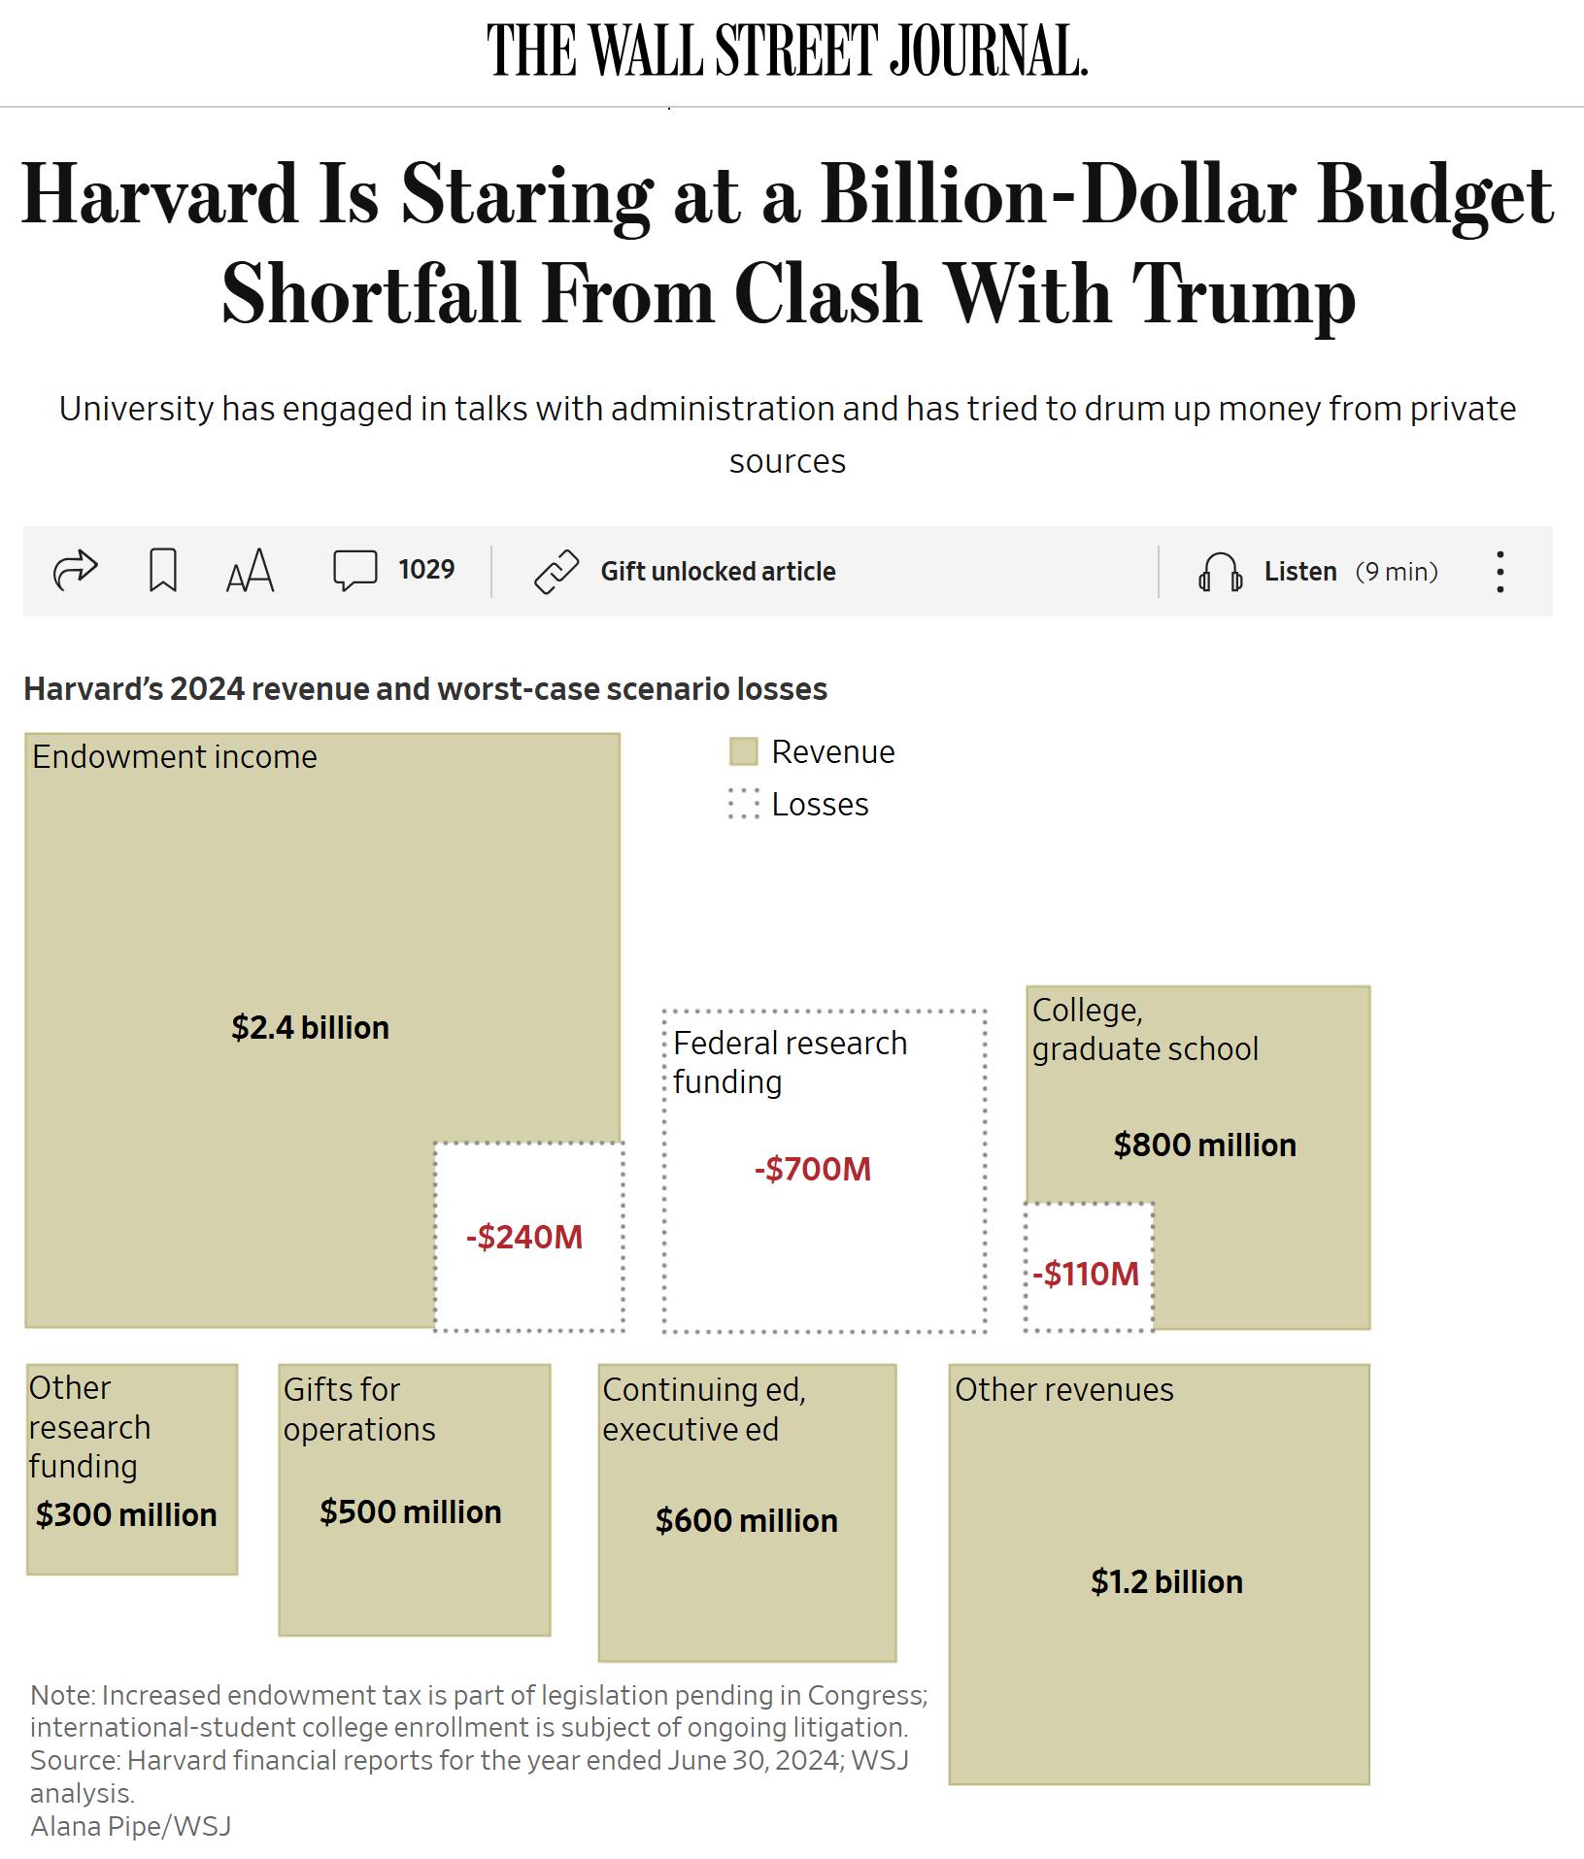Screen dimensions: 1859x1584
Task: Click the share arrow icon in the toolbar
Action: click(x=75, y=570)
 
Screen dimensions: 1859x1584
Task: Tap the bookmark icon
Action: click(x=162, y=570)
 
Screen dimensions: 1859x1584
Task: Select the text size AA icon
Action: click(x=250, y=571)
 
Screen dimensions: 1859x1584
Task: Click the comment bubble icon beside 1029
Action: click(x=354, y=570)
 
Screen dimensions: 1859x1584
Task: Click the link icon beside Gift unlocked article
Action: click(x=556, y=571)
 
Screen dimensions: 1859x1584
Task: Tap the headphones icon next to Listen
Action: click(x=1220, y=572)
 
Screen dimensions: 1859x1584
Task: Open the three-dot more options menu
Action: click(x=1500, y=572)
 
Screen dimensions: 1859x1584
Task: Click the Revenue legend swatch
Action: click(x=743, y=751)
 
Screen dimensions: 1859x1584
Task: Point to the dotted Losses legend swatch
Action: click(x=743, y=804)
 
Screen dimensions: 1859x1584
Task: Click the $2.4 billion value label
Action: click(x=310, y=1027)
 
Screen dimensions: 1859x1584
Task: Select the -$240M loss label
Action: click(x=524, y=1237)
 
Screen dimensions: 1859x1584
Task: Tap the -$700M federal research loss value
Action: click(x=813, y=1169)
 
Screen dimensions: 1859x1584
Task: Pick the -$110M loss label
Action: click(x=1086, y=1274)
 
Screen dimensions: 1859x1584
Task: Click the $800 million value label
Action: click(x=1204, y=1145)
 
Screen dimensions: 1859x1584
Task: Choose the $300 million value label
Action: click(x=126, y=1514)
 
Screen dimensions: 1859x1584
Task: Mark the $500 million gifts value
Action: click(x=411, y=1511)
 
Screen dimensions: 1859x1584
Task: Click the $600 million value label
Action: click(x=746, y=1520)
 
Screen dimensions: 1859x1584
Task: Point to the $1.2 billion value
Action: click(x=1166, y=1581)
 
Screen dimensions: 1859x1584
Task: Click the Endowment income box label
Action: click(x=175, y=756)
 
